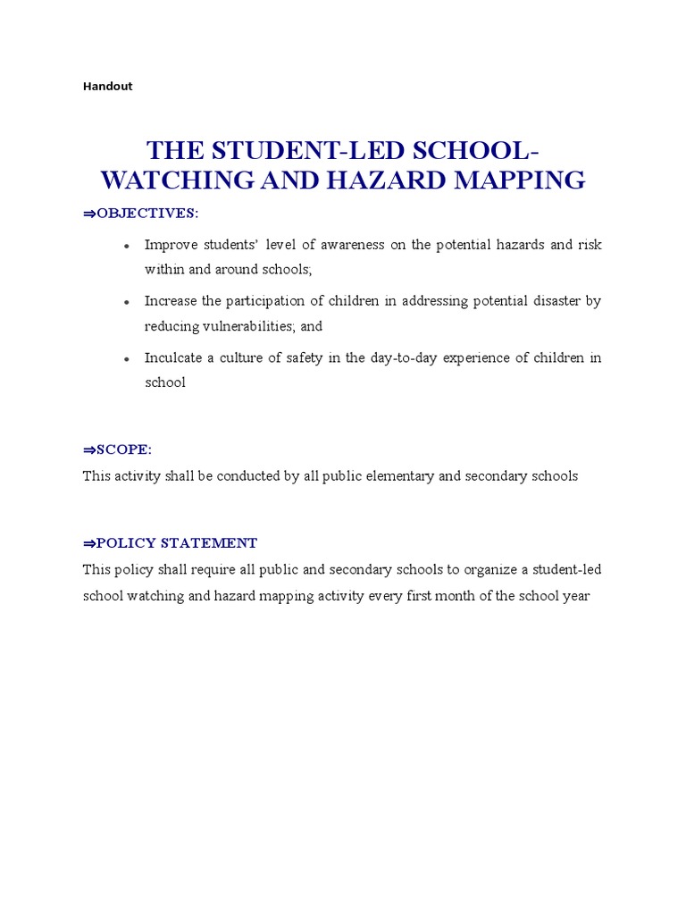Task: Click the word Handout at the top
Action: (107, 87)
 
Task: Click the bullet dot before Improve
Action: (128, 246)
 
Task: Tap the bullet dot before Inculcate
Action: (128, 358)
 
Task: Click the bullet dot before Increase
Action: (128, 302)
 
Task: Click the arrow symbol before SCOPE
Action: (88, 449)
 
